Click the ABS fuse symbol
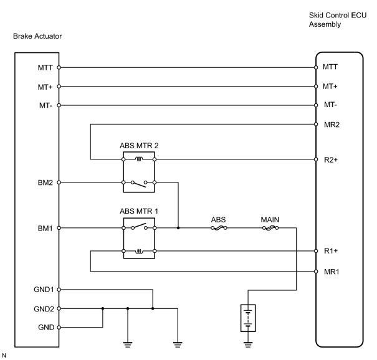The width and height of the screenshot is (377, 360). (219, 228)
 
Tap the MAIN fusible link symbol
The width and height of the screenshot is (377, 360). (270, 228)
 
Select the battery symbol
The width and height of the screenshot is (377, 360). (248, 318)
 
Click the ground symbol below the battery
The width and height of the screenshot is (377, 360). (248, 344)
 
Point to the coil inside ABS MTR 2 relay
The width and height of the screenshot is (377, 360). (139, 159)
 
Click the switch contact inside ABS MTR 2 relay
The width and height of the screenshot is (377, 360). (139, 184)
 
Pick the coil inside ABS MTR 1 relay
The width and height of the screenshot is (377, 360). (139, 251)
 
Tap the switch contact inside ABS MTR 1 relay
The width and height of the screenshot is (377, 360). (139, 226)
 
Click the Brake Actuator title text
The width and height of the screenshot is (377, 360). (37, 36)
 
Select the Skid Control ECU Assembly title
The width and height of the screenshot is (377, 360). (338, 20)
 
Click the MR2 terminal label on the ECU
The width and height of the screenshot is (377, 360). (332, 125)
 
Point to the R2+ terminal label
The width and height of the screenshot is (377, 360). (331, 160)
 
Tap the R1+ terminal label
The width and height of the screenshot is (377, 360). (331, 251)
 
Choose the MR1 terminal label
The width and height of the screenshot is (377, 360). (332, 272)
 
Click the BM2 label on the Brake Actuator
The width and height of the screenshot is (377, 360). (45, 182)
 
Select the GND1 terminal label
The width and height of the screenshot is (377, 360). (44, 290)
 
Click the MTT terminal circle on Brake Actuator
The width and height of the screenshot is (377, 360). (59, 67)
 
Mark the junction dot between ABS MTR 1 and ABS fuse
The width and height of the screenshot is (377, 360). (178, 228)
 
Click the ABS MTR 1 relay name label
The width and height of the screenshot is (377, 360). (139, 211)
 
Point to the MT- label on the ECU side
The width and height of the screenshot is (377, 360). (330, 105)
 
